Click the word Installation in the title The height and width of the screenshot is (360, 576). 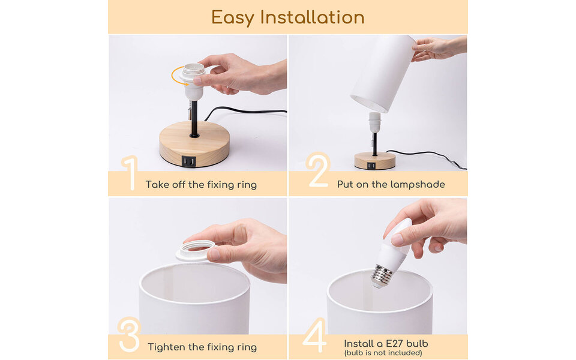[x=312, y=17]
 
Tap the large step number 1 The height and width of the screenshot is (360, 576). [x=128, y=173]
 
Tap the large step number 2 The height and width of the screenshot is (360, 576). [x=317, y=170]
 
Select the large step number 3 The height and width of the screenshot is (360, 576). [x=129, y=334]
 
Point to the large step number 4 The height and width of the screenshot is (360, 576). [x=315, y=335]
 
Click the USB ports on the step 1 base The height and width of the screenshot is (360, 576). [x=188, y=161]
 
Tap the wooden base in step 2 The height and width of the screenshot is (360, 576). [x=374, y=160]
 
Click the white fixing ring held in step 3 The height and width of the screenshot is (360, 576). [x=195, y=250]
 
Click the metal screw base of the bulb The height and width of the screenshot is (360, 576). [x=382, y=276]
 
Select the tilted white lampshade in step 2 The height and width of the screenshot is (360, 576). [x=383, y=73]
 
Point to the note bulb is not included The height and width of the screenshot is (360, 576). [x=383, y=353]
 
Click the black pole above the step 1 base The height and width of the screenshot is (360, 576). [x=194, y=118]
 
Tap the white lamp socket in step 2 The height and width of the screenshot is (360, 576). [x=374, y=122]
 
